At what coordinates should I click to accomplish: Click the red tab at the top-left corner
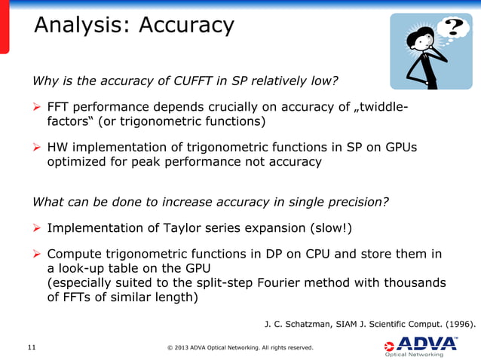point(5,26)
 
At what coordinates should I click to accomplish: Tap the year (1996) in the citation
point(455,324)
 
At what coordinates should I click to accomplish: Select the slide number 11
point(32,347)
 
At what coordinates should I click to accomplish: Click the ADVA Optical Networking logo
point(421,346)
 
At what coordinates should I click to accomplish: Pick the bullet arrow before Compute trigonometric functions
point(37,254)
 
